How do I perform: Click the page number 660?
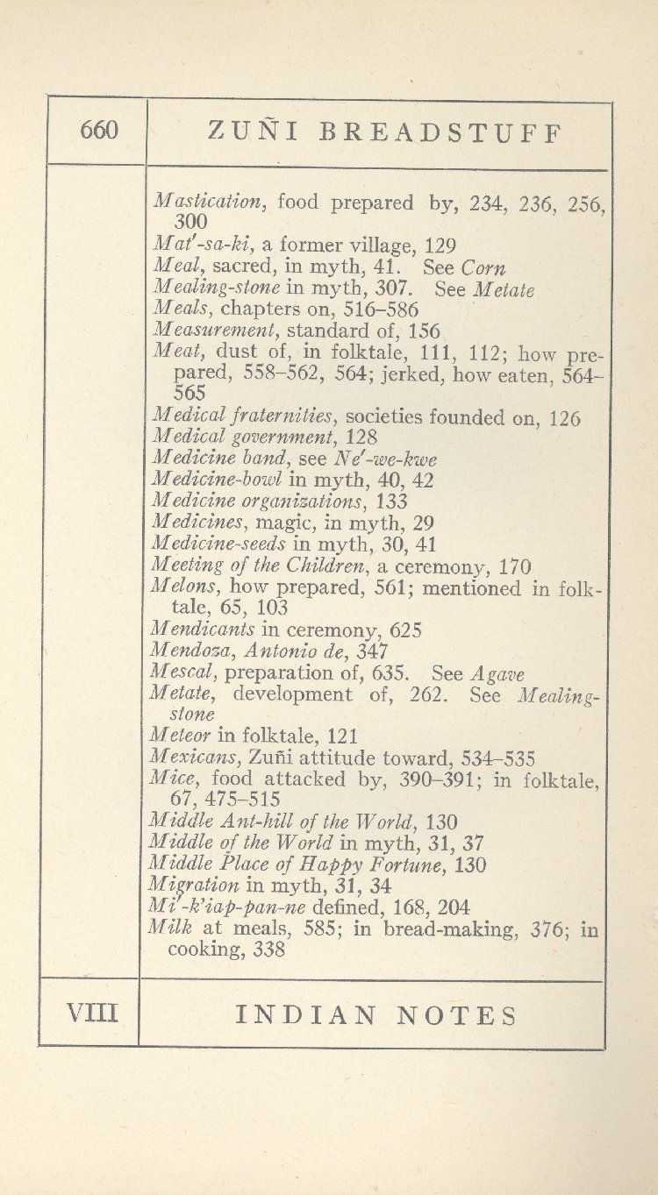click(x=98, y=132)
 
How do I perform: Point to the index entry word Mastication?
click(x=208, y=202)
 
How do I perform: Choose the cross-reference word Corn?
click(x=484, y=267)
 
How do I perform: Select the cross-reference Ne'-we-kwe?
click(x=387, y=459)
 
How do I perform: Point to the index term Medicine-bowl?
click(x=217, y=480)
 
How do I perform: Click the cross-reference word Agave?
click(x=497, y=673)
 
